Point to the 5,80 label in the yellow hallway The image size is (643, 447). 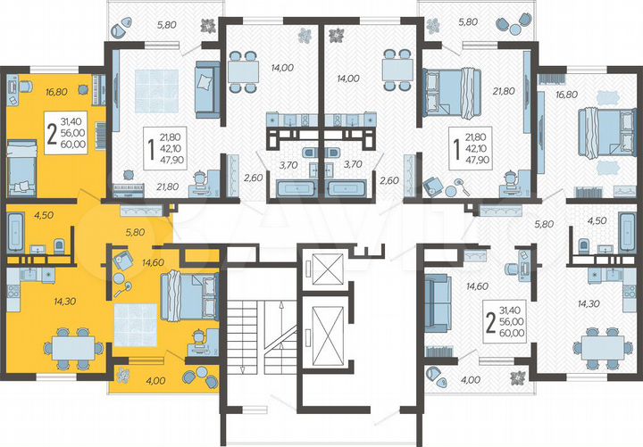134,233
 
